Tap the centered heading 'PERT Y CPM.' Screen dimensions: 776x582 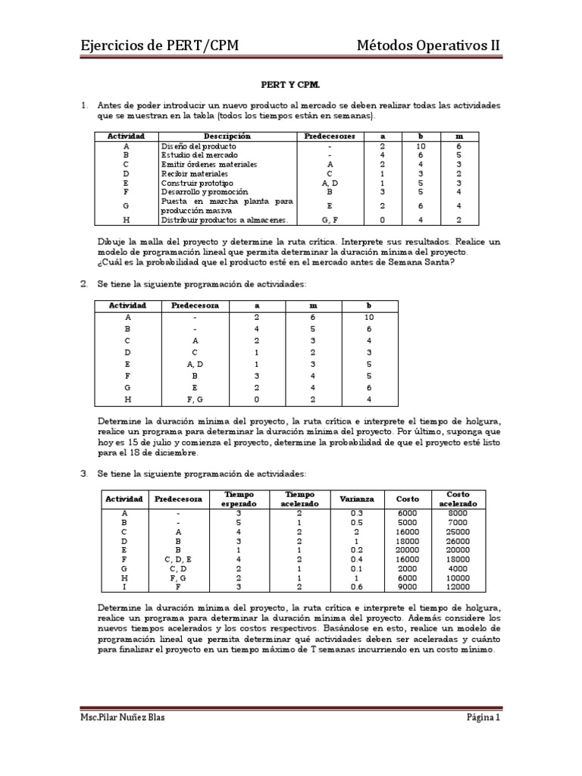click(x=290, y=86)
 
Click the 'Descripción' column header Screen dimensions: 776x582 click(x=227, y=136)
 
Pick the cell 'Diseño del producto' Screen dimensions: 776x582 click(x=199, y=145)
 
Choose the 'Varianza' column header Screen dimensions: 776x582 click(x=356, y=499)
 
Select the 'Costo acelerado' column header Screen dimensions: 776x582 click(x=458, y=499)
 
